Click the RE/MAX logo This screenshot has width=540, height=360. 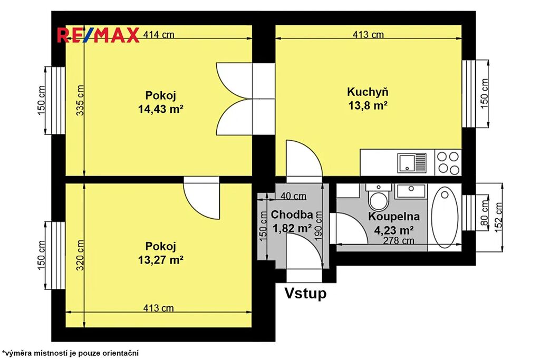98,35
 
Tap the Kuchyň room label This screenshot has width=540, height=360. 368,92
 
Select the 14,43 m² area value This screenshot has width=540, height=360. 160,109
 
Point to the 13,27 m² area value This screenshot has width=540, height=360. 160,260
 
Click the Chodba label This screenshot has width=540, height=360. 292,215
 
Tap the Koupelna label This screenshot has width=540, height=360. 394,217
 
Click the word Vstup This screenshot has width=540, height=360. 305,293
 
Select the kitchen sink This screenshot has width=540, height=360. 412,162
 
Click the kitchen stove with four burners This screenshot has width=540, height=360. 448,162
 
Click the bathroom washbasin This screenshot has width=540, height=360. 411,191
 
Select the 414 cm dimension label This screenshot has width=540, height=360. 159,35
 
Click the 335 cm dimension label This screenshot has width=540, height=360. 80,100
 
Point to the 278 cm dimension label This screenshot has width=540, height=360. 399,240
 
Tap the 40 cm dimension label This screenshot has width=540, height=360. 293,196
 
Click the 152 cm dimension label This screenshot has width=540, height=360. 499,217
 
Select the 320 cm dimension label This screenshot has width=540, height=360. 80,255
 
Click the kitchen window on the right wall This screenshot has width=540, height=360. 469,94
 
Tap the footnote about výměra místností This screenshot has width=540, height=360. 70,353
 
